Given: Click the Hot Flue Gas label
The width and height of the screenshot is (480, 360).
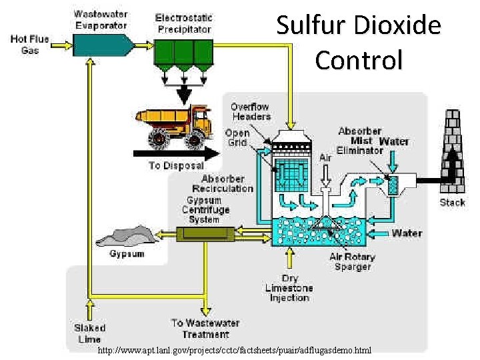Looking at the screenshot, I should tap(29, 45).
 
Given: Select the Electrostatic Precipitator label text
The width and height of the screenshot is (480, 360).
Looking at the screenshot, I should tap(183, 23).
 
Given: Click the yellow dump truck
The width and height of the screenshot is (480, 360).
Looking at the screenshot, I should tap(173, 124).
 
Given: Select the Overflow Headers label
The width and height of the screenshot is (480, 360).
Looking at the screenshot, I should tap(251, 111).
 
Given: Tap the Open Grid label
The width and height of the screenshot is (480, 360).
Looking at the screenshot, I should tap(237, 137).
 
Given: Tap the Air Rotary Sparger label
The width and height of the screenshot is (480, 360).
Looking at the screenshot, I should tap(351, 261).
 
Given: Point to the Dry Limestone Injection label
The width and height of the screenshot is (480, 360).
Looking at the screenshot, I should tap(289, 288).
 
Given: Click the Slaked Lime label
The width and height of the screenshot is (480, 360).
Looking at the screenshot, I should tap(89, 333).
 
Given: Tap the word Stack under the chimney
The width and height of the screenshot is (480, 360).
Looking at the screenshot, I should tap(453, 203).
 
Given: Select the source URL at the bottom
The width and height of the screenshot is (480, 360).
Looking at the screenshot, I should tap(234, 350).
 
